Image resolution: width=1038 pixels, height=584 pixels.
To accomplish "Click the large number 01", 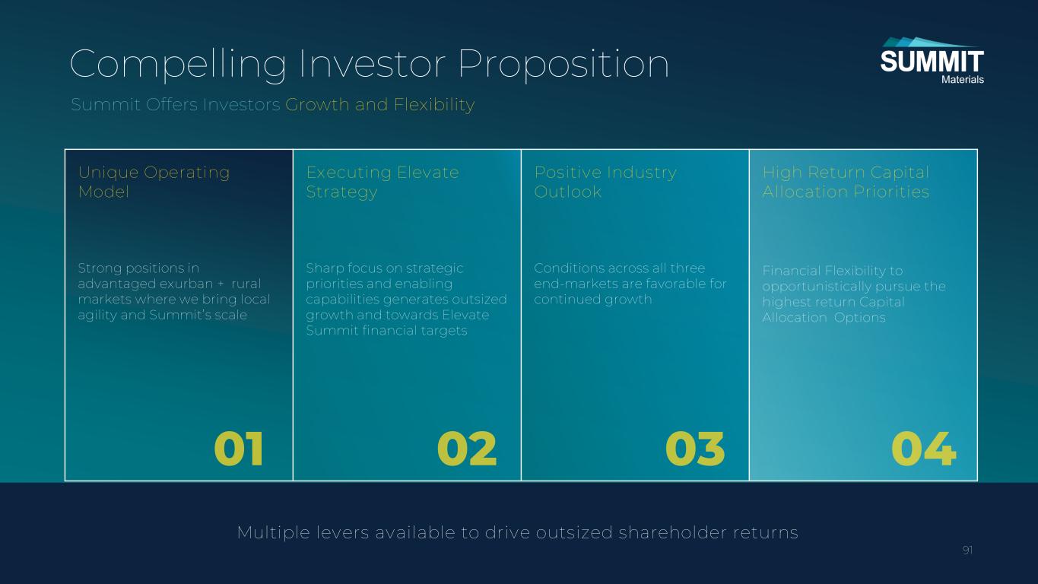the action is (239, 449).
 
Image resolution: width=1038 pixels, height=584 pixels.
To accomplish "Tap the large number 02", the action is (467, 449).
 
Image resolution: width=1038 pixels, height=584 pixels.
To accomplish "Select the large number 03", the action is (694, 449).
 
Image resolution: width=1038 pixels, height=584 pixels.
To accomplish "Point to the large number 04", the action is (923, 449).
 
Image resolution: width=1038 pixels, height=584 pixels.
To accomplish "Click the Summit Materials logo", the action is (932, 61).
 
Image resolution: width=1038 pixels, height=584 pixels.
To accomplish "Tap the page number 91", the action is (967, 551).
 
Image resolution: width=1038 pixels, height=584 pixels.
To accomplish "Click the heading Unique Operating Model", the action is (154, 182).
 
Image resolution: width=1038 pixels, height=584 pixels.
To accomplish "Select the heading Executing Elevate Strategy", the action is (383, 182).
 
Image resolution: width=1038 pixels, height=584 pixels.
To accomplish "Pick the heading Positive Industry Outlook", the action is (605, 182).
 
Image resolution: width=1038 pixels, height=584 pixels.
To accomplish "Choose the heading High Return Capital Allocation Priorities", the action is (846, 182).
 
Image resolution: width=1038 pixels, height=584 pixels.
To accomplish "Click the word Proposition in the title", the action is (563, 65).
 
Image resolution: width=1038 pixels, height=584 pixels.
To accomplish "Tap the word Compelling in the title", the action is (179, 65).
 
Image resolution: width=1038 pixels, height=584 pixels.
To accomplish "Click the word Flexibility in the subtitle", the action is (433, 105).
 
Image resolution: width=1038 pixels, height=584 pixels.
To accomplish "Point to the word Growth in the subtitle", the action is (317, 104).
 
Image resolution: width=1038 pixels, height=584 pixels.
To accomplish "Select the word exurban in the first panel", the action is (186, 284).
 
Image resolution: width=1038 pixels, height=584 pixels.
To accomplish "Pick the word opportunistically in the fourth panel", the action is (814, 287).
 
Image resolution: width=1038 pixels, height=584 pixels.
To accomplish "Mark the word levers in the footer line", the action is (342, 532).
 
